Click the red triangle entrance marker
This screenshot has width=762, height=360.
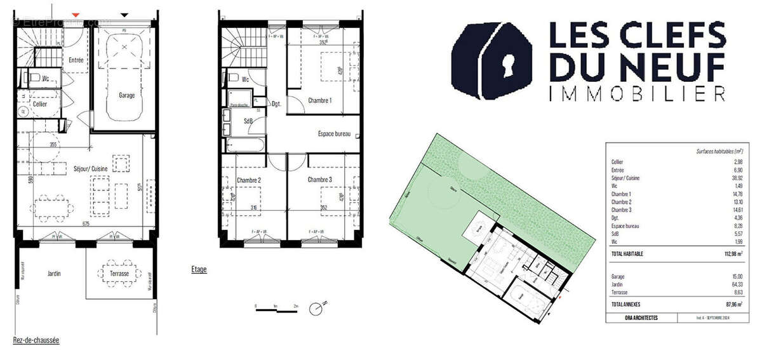76,13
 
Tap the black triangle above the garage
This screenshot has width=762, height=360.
124,13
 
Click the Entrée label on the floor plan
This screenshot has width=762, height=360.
76,60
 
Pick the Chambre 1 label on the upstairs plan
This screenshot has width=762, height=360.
319,100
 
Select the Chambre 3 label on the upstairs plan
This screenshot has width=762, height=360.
320,180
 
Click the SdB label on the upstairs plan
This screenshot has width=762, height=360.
249,121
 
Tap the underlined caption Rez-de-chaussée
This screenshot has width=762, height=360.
36,341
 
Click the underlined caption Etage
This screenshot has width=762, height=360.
199,270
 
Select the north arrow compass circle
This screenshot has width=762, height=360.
316,309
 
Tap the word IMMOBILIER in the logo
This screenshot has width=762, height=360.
637,95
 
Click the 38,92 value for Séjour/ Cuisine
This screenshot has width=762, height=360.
737,178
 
